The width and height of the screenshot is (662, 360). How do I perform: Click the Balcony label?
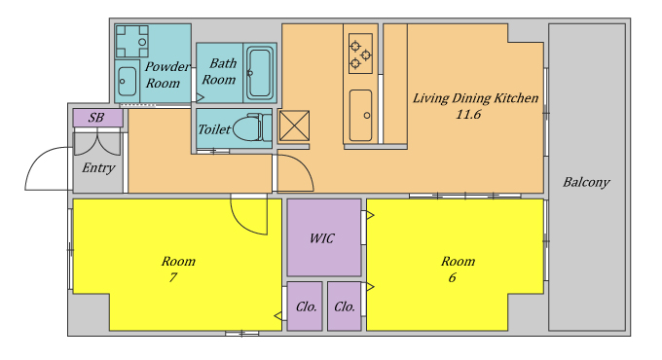coord(586,182)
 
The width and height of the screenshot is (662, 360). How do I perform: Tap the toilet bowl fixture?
coord(252,127)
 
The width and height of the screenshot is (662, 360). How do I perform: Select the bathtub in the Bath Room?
coord(260,73)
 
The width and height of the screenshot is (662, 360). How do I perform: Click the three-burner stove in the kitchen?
coord(360,54)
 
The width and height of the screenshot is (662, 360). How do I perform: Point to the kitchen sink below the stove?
coord(360,115)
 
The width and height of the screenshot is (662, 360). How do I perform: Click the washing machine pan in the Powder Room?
coord(131,42)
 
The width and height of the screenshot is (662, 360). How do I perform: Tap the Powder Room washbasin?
coord(127,81)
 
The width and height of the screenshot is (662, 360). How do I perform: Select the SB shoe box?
coord(98,118)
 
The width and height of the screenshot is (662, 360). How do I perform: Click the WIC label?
coord(321,238)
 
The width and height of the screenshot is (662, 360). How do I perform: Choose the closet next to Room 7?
coord(305,306)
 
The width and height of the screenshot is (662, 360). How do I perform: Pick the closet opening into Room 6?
coord(345,306)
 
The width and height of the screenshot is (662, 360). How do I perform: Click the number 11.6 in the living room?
coord(468,115)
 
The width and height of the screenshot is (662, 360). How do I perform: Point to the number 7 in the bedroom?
coord(172,277)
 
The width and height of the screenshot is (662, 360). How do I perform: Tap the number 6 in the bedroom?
coord(452,277)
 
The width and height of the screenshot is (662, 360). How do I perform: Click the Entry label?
coord(98,168)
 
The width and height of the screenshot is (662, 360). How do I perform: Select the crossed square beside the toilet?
coord(294,126)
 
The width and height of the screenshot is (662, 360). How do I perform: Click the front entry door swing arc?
coord(36,161)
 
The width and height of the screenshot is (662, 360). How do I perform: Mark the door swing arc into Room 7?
coord(242,223)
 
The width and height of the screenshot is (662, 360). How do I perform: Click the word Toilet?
coord(214,129)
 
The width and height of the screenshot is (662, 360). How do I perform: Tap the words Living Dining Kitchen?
coord(475,98)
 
